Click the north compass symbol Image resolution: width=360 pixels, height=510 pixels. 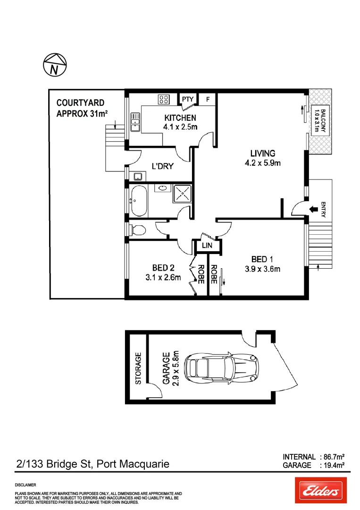(55, 65)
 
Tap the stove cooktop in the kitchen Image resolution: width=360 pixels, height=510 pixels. (164, 99)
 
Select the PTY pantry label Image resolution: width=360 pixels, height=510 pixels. (188, 99)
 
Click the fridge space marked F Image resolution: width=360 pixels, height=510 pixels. (207, 99)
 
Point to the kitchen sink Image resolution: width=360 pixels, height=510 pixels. (135, 121)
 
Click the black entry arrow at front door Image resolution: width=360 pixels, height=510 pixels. (312, 209)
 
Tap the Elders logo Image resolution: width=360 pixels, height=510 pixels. (320, 491)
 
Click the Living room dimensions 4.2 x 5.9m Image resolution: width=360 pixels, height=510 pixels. (262, 164)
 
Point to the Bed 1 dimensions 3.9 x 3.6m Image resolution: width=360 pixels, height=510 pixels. (262, 270)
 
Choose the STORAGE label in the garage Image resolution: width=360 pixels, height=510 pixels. (138, 368)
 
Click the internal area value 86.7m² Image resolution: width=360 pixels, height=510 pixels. (332, 457)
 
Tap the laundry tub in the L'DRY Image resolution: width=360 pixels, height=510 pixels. (138, 177)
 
